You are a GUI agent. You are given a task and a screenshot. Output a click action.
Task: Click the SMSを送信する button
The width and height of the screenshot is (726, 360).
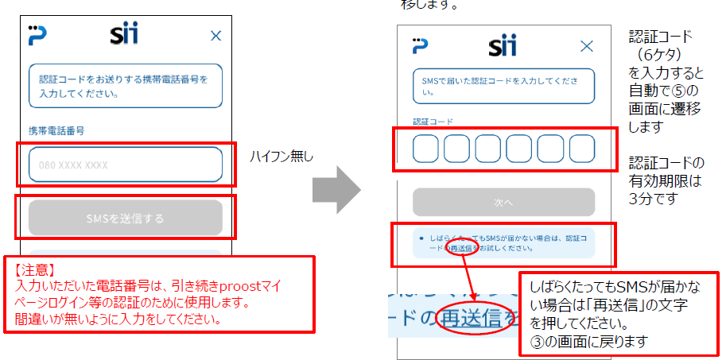tap(126, 218)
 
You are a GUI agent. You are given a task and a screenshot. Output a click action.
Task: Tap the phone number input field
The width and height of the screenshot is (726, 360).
tap(126, 165)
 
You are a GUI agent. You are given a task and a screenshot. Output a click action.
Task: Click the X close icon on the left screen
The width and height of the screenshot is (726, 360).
tap(215, 35)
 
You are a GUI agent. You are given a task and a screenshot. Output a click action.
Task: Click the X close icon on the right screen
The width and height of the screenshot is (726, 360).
tap(587, 46)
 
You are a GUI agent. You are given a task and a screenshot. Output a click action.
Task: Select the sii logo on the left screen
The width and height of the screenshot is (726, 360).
tap(126, 35)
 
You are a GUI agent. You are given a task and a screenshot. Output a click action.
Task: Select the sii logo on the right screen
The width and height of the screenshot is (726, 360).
tap(503, 45)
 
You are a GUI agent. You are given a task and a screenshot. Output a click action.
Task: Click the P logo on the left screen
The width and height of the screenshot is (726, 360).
tap(37, 35)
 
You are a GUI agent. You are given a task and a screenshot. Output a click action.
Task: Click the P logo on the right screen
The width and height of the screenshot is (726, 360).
tap(420, 45)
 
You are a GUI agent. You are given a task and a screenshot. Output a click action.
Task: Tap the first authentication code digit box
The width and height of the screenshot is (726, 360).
tap(425, 149)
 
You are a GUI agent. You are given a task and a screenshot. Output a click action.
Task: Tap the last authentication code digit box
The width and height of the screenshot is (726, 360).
tap(582, 149)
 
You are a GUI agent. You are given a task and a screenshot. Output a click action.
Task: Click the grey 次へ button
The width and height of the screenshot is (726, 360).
tap(503, 203)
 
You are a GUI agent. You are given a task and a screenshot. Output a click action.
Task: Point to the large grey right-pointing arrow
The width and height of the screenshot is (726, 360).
tap(336, 189)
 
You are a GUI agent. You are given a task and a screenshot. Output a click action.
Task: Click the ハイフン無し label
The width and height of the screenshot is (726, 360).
tap(281, 157)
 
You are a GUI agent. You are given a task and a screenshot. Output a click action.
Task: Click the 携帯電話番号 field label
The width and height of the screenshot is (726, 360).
tap(56, 130)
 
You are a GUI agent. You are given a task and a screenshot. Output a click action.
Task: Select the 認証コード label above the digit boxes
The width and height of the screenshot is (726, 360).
tap(433, 122)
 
